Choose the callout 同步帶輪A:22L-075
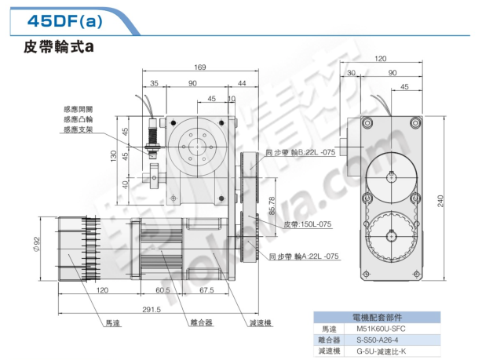(x=303, y=256)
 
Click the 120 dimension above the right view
(x=381, y=59)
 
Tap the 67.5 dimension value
(x=207, y=290)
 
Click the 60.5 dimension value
(x=163, y=290)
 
